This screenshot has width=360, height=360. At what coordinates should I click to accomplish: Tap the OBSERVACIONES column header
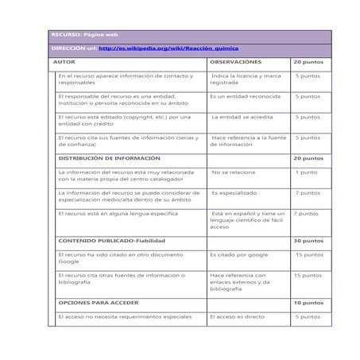coord(235,62)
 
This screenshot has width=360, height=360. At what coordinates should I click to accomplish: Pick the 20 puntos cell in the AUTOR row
coord(308,62)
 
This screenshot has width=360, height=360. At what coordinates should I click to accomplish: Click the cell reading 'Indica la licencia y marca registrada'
coord(246,79)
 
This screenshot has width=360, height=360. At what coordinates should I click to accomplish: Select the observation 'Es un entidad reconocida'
coord(242,96)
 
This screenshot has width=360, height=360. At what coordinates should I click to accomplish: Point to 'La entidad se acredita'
coord(242,117)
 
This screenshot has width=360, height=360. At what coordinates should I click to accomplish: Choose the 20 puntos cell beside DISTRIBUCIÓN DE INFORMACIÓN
coord(308,158)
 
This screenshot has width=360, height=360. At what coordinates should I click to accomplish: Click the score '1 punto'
coord(306,172)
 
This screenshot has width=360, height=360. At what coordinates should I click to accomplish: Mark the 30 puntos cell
coord(308,240)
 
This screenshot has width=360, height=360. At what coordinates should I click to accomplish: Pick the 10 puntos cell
coord(308,303)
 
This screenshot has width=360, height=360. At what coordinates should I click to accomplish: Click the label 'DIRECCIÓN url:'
coord(74,48)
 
